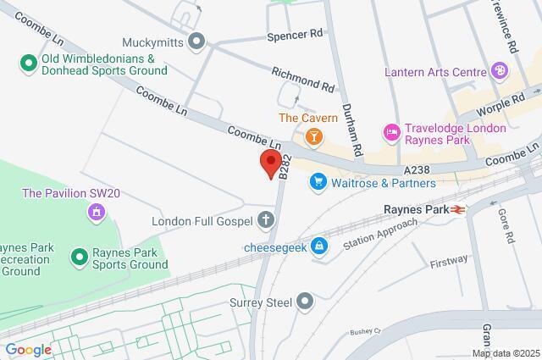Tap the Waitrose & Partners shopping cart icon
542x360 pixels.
tap(318, 181)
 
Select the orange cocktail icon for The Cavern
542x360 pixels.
tap(313, 135)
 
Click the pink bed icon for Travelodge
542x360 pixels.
tap(391, 132)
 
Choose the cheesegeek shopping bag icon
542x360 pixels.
tap(318, 246)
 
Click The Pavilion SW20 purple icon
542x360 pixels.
tap(96, 211)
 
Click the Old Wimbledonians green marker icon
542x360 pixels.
tap(27, 62)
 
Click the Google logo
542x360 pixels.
tap(27, 350)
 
